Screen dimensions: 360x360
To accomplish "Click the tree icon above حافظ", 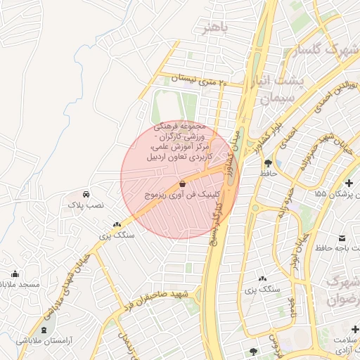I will [x=268, y=162].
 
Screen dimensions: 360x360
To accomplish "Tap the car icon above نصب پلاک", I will [x=85, y=193].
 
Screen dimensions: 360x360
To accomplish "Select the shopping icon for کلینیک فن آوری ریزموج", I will [x=183, y=183].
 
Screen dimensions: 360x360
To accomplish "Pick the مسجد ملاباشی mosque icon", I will [x=15, y=274].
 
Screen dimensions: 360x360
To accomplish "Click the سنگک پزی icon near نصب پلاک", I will [x=117, y=224].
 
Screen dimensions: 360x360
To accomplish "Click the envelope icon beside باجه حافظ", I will [x=342, y=238].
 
